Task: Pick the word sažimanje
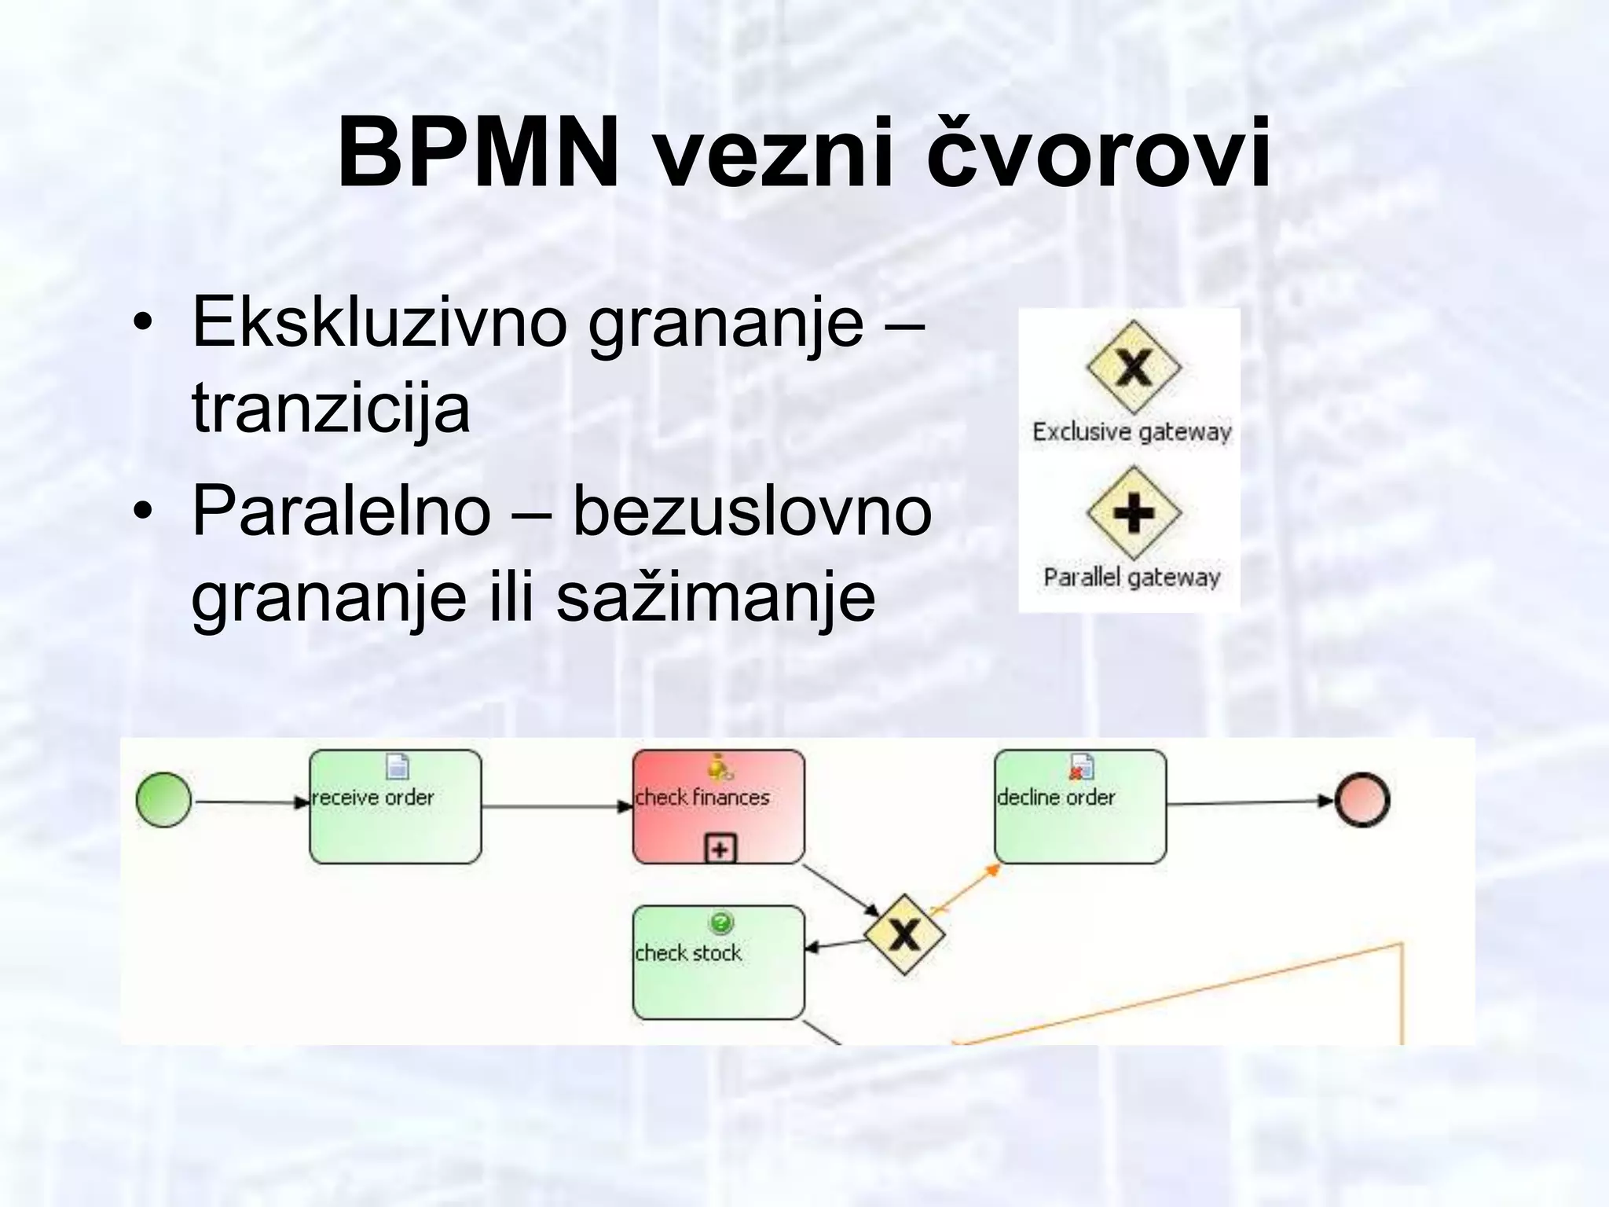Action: [x=716, y=597]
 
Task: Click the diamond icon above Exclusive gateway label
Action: [x=1134, y=366]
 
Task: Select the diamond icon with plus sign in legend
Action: [x=1134, y=512]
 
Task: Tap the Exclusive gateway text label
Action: [x=1131, y=432]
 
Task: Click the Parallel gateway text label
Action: [x=1131, y=578]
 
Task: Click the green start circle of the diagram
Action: [x=163, y=800]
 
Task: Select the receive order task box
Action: [x=395, y=807]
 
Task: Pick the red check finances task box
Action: [x=718, y=807]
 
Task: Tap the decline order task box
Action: [x=1080, y=807]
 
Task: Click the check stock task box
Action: [x=718, y=963]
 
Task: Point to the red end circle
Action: [x=1363, y=801]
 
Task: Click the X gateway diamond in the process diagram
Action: [x=904, y=935]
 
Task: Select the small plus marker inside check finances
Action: [x=720, y=849]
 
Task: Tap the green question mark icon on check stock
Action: [x=720, y=922]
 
